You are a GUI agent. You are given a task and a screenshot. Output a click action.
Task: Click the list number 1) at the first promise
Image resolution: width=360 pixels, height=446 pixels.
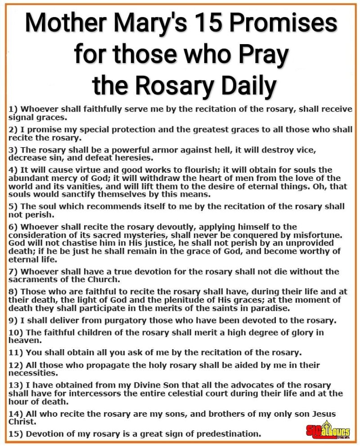(x=14, y=109)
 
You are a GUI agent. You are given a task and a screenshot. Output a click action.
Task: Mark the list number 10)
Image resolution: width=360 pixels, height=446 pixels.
(x=16, y=333)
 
